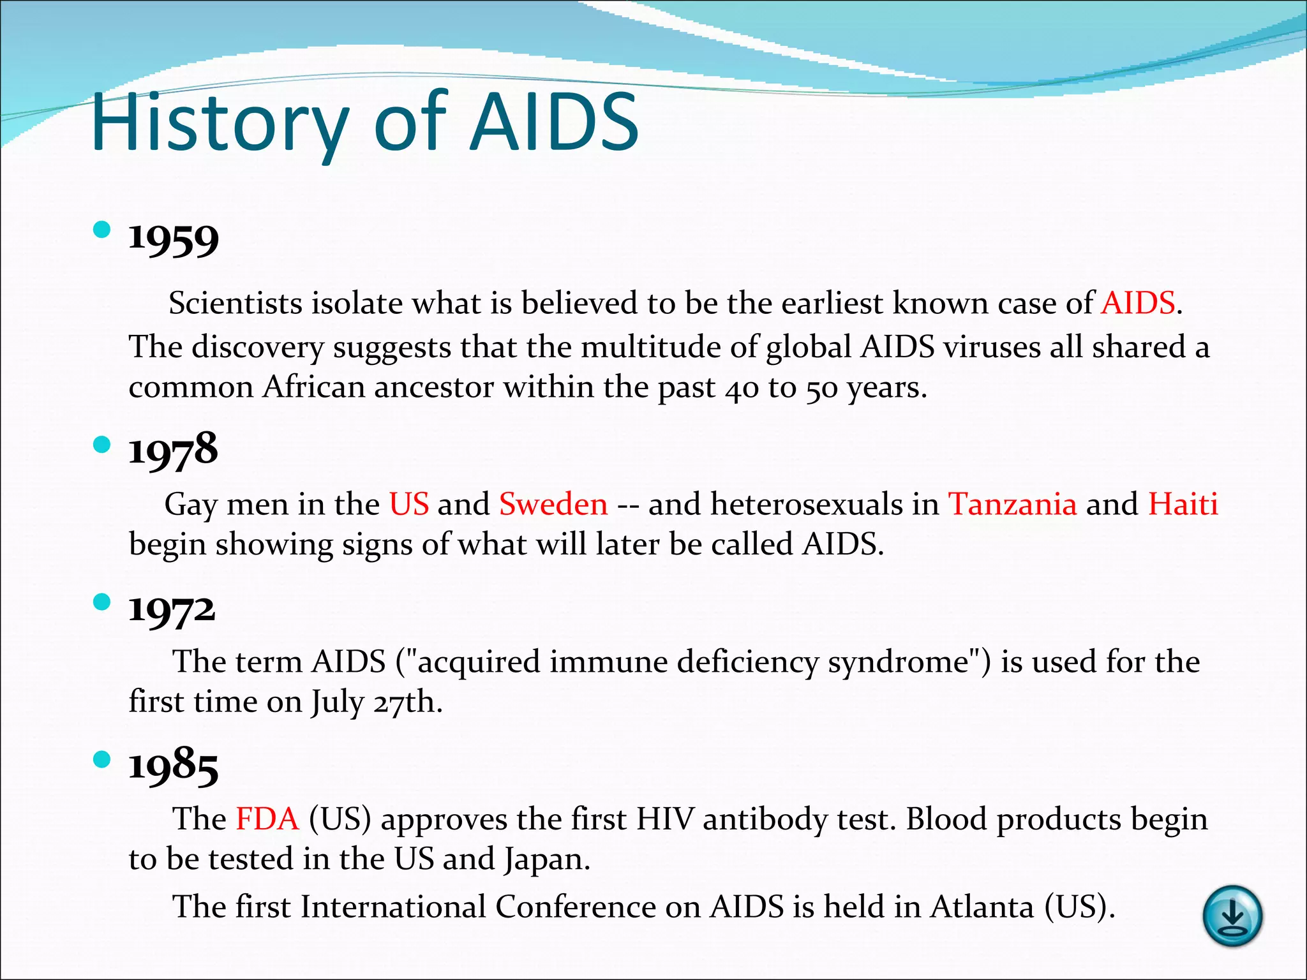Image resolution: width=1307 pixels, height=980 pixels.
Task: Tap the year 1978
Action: pyautogui.click(x=173, y=449)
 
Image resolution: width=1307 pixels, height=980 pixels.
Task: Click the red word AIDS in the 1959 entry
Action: pyautogui.click(x=1138, y=303)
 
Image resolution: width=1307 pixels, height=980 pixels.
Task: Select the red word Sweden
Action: pyautogui.click(x=553, y=504)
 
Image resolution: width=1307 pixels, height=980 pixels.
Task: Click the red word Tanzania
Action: pyautogui.click(x=1013, y=504)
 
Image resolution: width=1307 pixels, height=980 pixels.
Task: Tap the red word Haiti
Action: pyautogui.click(x=1183, y=504)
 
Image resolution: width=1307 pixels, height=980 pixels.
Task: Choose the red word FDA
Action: pyautogui.click(x=267, y=819)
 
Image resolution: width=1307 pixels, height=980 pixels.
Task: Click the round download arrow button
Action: pyautogui.click(x=1232, y=916)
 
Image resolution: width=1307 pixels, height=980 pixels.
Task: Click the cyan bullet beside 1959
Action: pyautogui.click(x=101, y=229)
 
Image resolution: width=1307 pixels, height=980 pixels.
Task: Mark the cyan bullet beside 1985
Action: pyautogui.click(x=101, y=759)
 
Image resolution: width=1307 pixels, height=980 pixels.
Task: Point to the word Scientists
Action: pyautogui.click(x=235, y=303)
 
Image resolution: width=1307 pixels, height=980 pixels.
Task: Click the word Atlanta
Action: pyautogui.click(x=982, y=907)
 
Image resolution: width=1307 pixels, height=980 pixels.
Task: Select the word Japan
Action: pyautogui.click(x=546, y=859)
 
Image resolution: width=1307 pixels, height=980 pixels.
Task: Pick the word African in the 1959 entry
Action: pyautogui.click(x=314, y=387)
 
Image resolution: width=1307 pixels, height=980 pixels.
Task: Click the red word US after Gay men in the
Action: pyautogui.click(x=409, y=504)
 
